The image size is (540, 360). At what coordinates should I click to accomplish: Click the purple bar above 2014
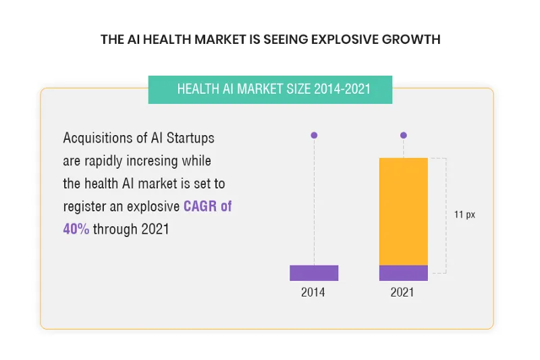314,273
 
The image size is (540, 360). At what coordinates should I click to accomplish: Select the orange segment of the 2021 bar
403,211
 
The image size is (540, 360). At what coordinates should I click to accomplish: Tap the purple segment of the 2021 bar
403,273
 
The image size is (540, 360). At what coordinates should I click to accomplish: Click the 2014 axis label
313,293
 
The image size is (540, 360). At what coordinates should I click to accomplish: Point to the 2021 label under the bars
403,293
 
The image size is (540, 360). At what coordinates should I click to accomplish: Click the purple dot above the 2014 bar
314,135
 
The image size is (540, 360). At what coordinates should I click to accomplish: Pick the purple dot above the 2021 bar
404,135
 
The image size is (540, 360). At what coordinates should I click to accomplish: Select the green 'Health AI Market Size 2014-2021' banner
270,90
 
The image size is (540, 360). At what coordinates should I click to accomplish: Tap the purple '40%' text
76,229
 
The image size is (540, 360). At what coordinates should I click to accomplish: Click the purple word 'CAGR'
200,206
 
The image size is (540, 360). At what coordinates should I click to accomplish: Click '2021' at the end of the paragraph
155,229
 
